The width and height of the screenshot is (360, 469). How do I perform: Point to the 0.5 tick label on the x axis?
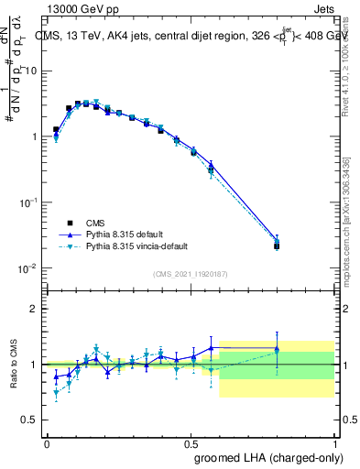point(191,442)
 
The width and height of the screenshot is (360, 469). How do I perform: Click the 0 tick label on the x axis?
point(47,442)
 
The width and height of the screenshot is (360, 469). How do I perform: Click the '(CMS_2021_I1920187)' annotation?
point(190,273)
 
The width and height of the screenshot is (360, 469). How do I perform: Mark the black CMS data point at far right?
point(277,245)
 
